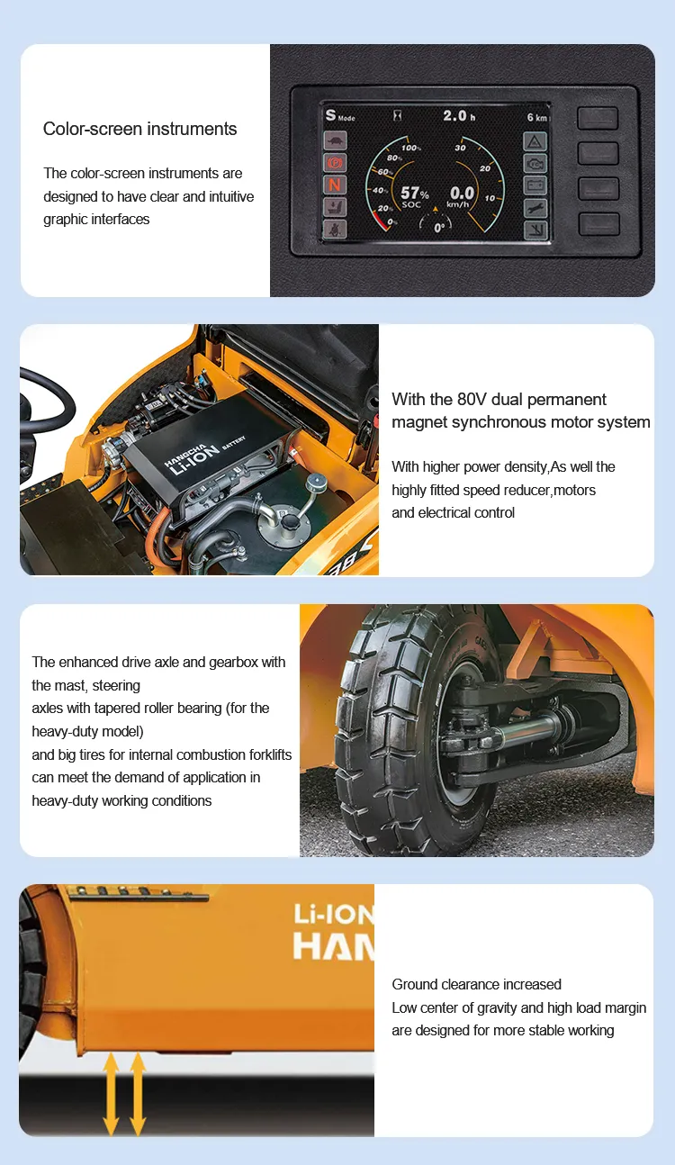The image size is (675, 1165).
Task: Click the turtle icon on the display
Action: tap(335, 140)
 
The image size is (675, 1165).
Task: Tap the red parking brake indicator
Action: tap(335, 163)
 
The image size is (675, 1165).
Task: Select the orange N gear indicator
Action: tap(335, 185)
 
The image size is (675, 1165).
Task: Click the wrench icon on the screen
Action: tap(535, 208)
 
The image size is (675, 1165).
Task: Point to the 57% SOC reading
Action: tap(415, 195)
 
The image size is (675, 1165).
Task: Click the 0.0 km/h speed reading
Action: tap(462, 195)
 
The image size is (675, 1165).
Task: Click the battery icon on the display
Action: tap(535, 185)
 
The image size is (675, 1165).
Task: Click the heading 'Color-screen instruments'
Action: tap(139, 129)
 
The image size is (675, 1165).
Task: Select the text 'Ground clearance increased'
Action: tap(476, 984)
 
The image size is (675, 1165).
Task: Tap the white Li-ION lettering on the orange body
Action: tap(334, 914)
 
